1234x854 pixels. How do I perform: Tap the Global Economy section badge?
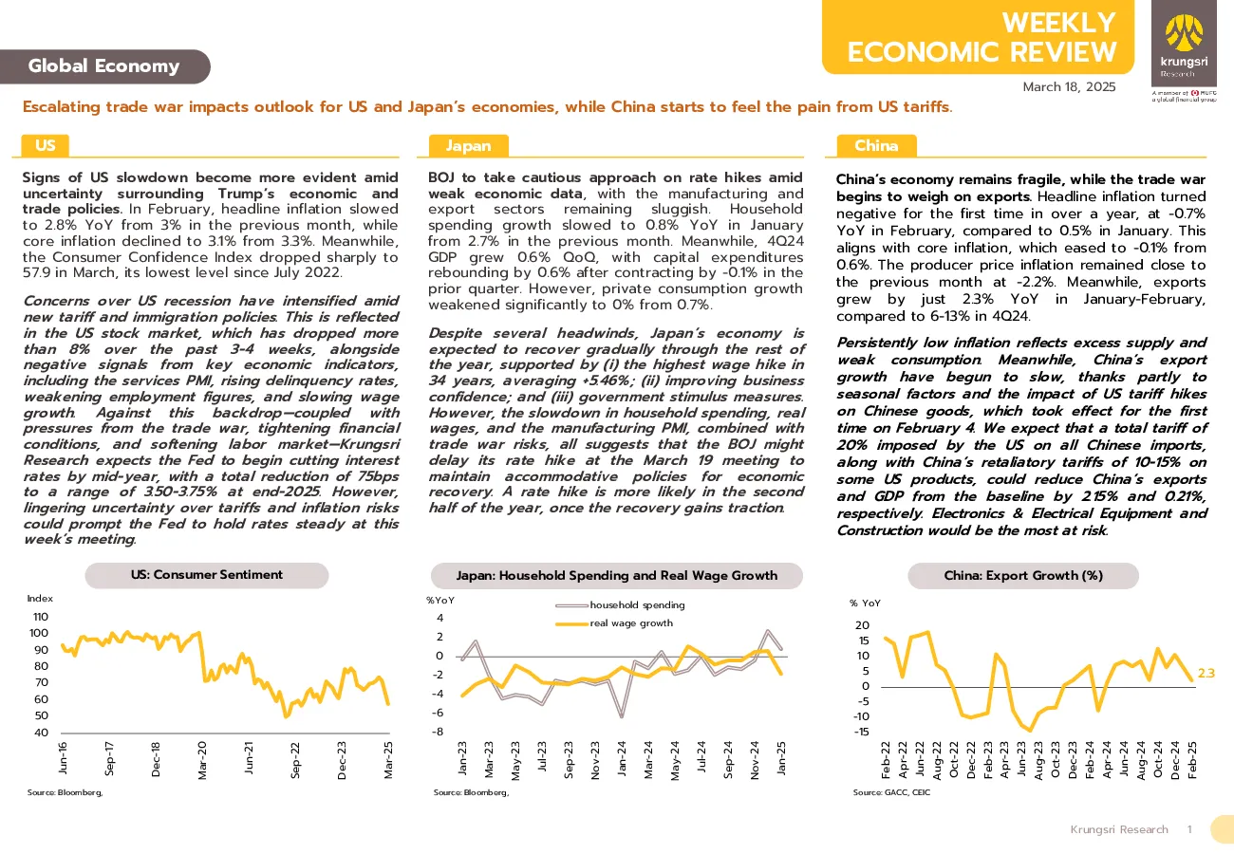[104, 66]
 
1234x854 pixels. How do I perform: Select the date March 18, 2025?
[1069, 87]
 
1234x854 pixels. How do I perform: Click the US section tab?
[46, 145]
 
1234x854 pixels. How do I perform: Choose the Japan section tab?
[468, 145]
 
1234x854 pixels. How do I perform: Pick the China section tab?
[876, 145]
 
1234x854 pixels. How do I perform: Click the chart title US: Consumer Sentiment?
[207, 575]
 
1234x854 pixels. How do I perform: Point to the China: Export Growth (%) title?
[1023, 575]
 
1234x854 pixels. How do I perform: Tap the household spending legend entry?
[620, 605]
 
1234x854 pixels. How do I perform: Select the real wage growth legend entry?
[614, 623]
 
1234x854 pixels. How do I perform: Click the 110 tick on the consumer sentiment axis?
[41, 617]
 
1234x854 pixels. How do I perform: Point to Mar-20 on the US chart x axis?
[202, 760]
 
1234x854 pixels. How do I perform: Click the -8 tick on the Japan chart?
[438, 732]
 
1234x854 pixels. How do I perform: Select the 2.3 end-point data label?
[1206, 673]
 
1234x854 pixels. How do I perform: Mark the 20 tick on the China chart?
[862, 625]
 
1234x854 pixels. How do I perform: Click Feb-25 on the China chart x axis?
[1192, 760]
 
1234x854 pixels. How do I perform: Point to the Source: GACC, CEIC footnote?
[891, 792]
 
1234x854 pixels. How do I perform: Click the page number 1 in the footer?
[1190, 829]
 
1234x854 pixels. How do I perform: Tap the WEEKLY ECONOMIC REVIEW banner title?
[982, 37]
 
